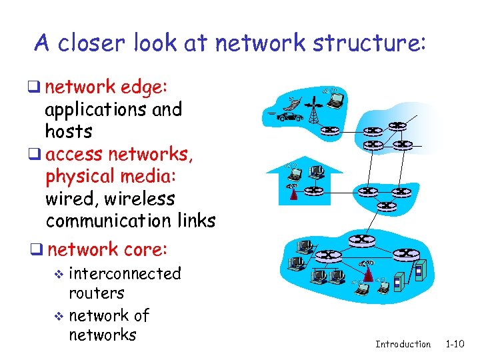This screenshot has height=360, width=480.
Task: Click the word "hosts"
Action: pyautogui.click(x=69, y=131)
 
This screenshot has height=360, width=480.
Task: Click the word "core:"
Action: pyautogui.click(x=146, y=249)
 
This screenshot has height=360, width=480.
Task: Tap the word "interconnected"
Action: pyautogui.click(x=125, y=273)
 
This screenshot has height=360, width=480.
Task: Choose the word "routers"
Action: pyautogui.click(x=96, y=293)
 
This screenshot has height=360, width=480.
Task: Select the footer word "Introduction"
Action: pyautogui.click(x=403, y=344)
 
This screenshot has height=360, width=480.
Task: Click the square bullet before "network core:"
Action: pyautogui.click(x=39, y=250)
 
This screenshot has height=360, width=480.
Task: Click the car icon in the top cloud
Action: pyautogui.click(x=289, y=117)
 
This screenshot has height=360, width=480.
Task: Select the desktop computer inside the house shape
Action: pyautogui.click(x=317, y=173)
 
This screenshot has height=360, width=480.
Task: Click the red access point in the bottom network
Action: pyautogui.click(x=367, y=273)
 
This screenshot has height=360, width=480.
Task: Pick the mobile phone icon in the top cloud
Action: pyautogui.click(x=292, y=104)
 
